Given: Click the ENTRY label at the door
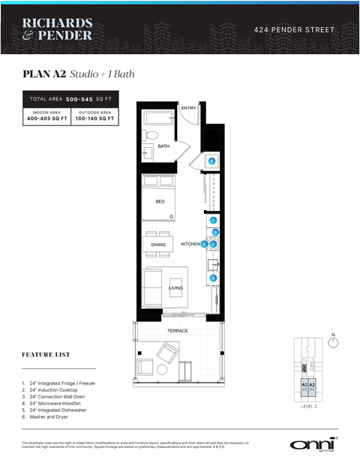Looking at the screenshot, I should [x=188, y=109].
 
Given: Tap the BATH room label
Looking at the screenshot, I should [x=163, y=146].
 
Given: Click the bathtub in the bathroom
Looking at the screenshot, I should [x=159, y=118].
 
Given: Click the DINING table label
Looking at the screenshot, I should [x=158, y=245].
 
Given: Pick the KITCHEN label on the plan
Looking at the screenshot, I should [x=190, y=245].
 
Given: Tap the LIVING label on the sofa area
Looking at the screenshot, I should [x=175, y=288].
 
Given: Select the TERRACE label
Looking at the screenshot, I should [x=177, y=330].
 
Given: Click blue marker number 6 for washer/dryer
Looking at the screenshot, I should [x=212, y=161].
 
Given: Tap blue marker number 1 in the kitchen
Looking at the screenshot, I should [x=213, y=221].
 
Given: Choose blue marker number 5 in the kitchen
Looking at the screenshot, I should [x=213, y=278].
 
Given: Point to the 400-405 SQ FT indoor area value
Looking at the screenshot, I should [x=47, y=119].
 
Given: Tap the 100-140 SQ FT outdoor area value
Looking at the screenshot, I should [x=94, y=119].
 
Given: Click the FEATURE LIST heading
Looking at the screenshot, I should [x=46, y=355].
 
